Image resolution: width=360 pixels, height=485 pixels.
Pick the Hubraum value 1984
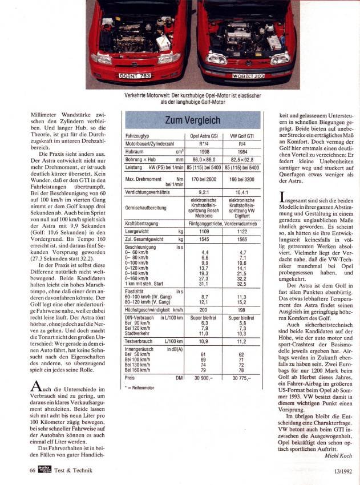pyautogui.click(x=241, y=153)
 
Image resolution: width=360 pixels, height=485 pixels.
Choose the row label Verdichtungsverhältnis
pyautogui.click(x=146, y=192)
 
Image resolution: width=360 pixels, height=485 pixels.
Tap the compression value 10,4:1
pyautogui.click(x=241, y=192)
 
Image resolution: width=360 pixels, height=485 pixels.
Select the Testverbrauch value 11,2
pyautogui.click(x=241, y=341)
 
